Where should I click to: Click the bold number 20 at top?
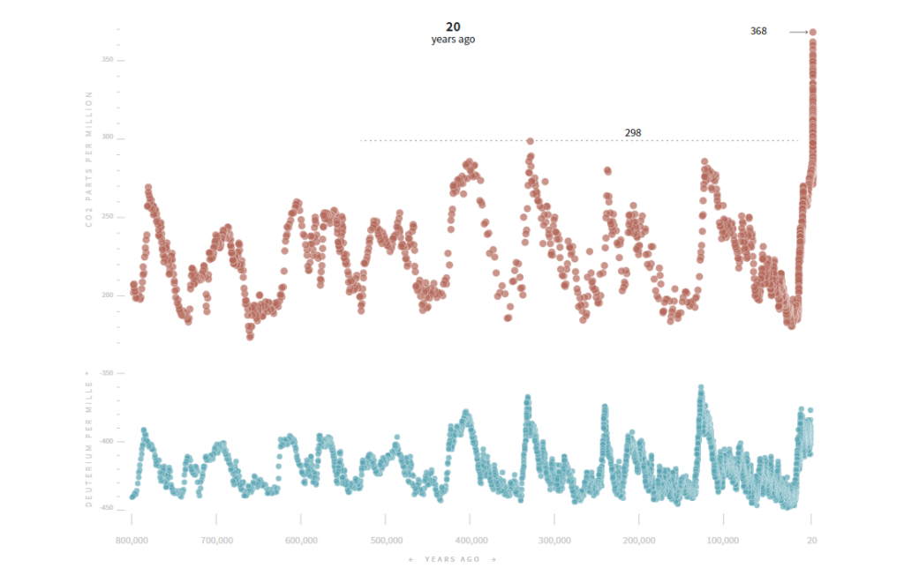[x=453, y=26]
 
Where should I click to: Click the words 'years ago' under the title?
[x=453, y=40]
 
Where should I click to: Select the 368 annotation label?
[x=758, y=31]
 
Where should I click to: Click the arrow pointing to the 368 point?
[x=798, y=32]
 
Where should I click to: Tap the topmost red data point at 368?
[x=812, y=32]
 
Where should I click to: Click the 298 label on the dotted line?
[x=633, y=132]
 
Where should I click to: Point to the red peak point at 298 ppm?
[x=530, y=140]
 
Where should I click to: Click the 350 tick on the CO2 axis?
[x=107, y=60]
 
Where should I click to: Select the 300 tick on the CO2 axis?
[x=107, y=138]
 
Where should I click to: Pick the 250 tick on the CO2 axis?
[x=107, y=217]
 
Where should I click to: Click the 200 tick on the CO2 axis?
[x=107, y=295]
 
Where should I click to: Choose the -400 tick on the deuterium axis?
[x=105, y=441]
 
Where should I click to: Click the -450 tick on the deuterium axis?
[x=105, y=508]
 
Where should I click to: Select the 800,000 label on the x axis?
[x=131, y=540]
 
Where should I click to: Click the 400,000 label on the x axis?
[x=470, y=540]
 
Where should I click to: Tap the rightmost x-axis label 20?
[x=811, y=540]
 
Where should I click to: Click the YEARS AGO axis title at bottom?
[x=452, y=559]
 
